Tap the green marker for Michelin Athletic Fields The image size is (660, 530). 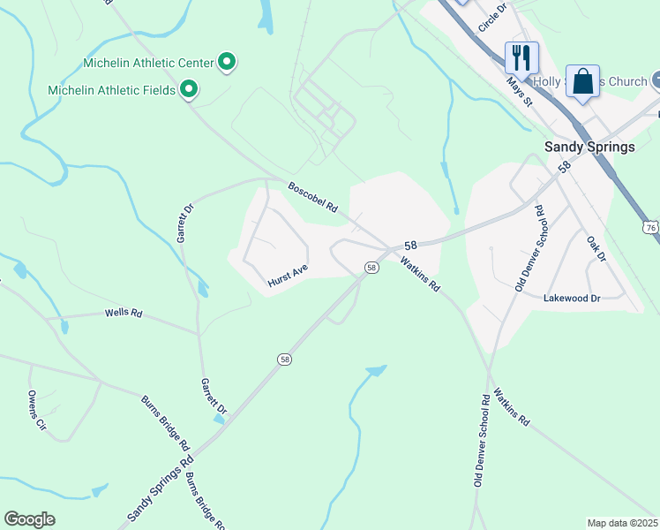click(188, 89)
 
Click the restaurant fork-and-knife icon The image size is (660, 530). click(521, 58)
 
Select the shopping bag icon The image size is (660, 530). click(582, 81)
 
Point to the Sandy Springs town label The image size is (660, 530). click(589, 147)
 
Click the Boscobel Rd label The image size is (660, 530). click(313, 197)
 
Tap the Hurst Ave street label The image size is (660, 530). click(287, 277)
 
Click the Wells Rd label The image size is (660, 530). click(124, 313)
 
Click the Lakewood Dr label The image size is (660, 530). click(572, 299)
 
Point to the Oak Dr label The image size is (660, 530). click(596, 247)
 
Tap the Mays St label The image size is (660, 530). click(521, 90)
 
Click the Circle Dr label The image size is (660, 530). click(493, 18)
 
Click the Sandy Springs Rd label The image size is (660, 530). click(160, 487)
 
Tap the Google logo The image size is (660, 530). click(29, 519)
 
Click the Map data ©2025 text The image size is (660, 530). click(622, 523)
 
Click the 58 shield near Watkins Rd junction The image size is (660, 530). click(371, 268)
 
